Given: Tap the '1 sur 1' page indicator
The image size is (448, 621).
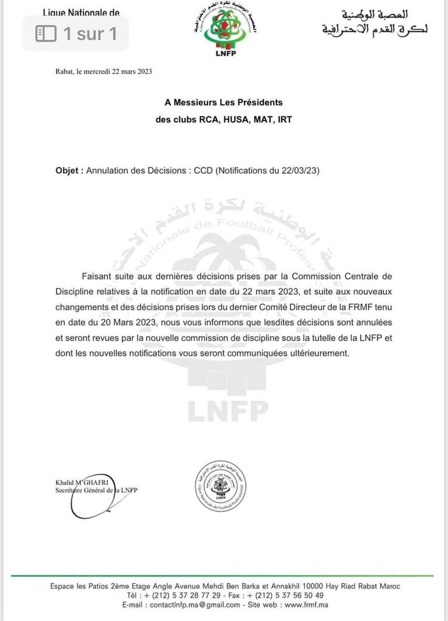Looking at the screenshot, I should tap(76, 33).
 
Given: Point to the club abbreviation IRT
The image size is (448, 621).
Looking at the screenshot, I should tap(282, 119).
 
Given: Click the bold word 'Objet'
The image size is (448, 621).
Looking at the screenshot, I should tap(69, 171).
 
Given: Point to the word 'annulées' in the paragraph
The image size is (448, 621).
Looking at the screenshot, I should tap(372, 322).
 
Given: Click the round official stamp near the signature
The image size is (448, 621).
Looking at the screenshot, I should tap(220, 486).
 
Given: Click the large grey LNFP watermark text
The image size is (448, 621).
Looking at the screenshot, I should tap(228, 411).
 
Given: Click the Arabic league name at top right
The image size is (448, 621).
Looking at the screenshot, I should tap(373, 22).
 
